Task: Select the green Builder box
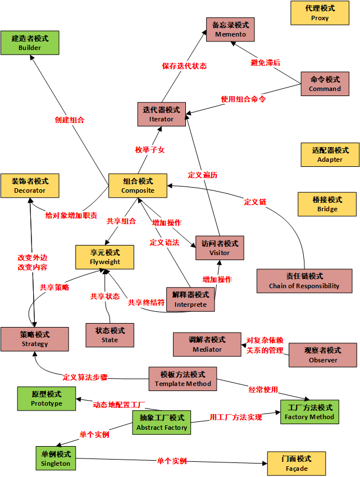29,43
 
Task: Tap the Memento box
230,29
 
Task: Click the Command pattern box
325,84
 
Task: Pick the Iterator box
162,114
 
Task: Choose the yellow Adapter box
330,155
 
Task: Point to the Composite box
138,185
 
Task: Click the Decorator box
30,185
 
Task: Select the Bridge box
327,204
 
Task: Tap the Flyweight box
105,257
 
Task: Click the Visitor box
220,248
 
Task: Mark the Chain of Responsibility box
304,280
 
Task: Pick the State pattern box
110,335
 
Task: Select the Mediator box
207,344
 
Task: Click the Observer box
322,355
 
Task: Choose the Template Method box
183,379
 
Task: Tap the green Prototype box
46,398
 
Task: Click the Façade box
297,464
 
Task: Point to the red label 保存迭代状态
184,66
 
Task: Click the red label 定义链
255,202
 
